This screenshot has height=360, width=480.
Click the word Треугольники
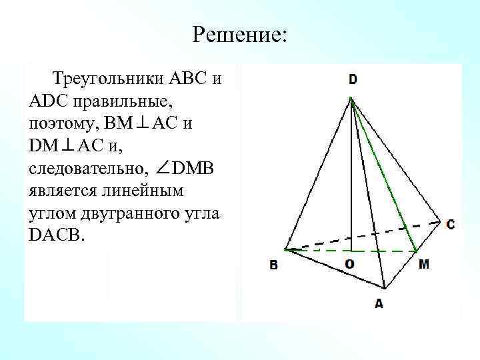pos(107,79)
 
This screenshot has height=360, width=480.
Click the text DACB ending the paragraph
pos(57,234)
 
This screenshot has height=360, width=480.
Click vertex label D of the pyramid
pos(352,79)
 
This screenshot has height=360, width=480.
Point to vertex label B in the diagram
pos(273,265)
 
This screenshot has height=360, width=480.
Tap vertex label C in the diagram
pos(451,225)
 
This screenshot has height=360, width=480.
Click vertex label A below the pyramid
pos(379,303)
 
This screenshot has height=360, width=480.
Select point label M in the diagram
pos(425,264)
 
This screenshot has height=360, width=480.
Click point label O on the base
pos(349,264)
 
